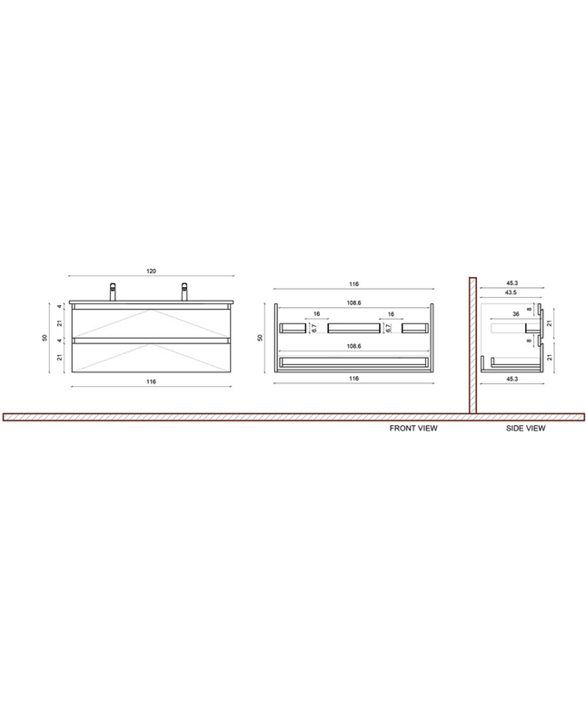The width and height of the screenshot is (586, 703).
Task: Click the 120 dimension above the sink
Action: [x=151, y=271]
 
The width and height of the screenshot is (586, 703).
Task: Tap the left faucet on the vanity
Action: [x=114, y=292]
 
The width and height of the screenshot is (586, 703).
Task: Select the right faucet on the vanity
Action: [x=184, y=292]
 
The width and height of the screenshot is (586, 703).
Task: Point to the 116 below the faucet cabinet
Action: [x=151, y=382]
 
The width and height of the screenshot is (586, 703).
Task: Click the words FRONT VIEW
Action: [x=412, y=427]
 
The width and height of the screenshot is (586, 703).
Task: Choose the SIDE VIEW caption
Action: [x=525, y=427]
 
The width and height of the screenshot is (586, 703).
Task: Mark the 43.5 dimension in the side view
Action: [x=511, y=292]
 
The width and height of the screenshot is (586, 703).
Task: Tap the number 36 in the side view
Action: [x=515, y=314]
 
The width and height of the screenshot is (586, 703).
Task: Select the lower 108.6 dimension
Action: [x=354, y=346]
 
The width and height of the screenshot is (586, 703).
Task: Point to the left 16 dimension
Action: [x=316, y=314]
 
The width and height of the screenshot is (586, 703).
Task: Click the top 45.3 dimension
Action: [x=511, y=283]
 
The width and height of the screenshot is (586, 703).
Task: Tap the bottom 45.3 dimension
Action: [x=511, y=378]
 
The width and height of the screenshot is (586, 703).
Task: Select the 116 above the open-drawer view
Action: [x=354, y=284]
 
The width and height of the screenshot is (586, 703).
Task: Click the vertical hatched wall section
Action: [x=472, y=345]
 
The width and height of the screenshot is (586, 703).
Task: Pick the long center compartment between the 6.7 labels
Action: [x=353, y=328]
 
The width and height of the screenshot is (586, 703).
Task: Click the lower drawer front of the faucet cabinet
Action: [x=151, y=361]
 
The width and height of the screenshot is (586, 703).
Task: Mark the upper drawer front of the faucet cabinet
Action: [x=151, y=324]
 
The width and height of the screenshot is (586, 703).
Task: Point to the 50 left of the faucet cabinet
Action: [x=45, y=338]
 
